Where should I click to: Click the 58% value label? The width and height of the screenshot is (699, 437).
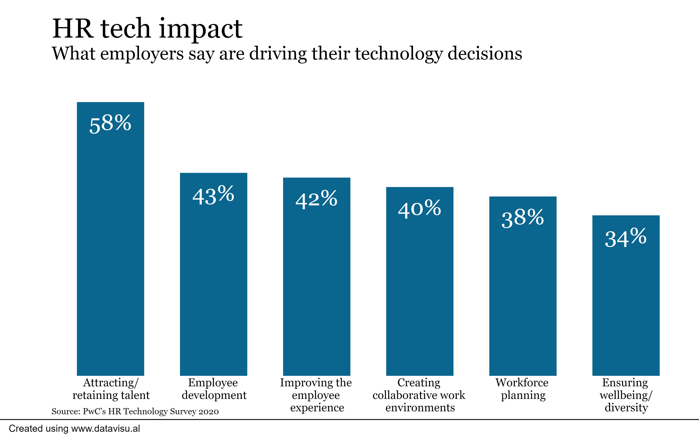pyautogui.click(x=110, y=124)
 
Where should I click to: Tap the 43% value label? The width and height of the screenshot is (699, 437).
pyautogui.click(x=213, y=196)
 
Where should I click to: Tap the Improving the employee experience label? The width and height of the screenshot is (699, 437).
pyautogui.click(x=316, y=395)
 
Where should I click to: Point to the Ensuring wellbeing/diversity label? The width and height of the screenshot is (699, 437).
pyautogui.click(x=626, y=395)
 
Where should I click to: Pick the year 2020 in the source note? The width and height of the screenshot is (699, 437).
pyautogui.click(x=208, y=411)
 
